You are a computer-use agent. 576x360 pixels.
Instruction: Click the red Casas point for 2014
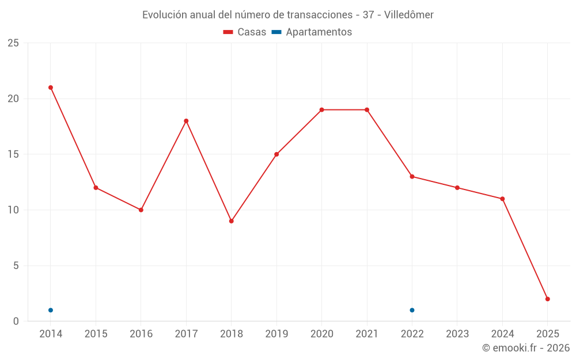[x=51, y=88]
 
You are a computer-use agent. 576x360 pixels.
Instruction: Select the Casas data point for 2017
[x=186, y=121]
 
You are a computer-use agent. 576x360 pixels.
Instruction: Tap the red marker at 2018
[x=231, y=221]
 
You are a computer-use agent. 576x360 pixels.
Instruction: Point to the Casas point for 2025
[x=547, y=299]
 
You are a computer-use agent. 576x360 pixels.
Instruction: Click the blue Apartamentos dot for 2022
[x=412, y=310]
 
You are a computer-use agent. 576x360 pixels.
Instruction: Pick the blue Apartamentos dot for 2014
[x=51, y=310]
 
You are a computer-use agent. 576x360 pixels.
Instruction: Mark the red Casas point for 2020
[x=321, y=110]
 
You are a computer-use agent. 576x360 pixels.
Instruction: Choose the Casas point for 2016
[x=141, y=210]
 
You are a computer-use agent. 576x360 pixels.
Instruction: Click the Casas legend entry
[x=245, y=32]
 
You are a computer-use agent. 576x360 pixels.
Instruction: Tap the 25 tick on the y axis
[x=13, y=43]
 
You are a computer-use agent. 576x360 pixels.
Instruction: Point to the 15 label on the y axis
[x=13, y=154]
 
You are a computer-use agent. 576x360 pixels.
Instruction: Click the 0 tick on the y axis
[x=16, y=321]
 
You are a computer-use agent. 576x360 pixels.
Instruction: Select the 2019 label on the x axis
[x=276, y=334]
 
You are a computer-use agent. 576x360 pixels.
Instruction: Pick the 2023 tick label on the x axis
[x=457, y=334]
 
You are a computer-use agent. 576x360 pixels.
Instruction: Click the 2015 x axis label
[x=96, y=334]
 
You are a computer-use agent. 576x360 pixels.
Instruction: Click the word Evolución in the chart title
[x=164, y=14]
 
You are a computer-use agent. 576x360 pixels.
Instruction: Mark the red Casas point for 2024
[x=502, y=199]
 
